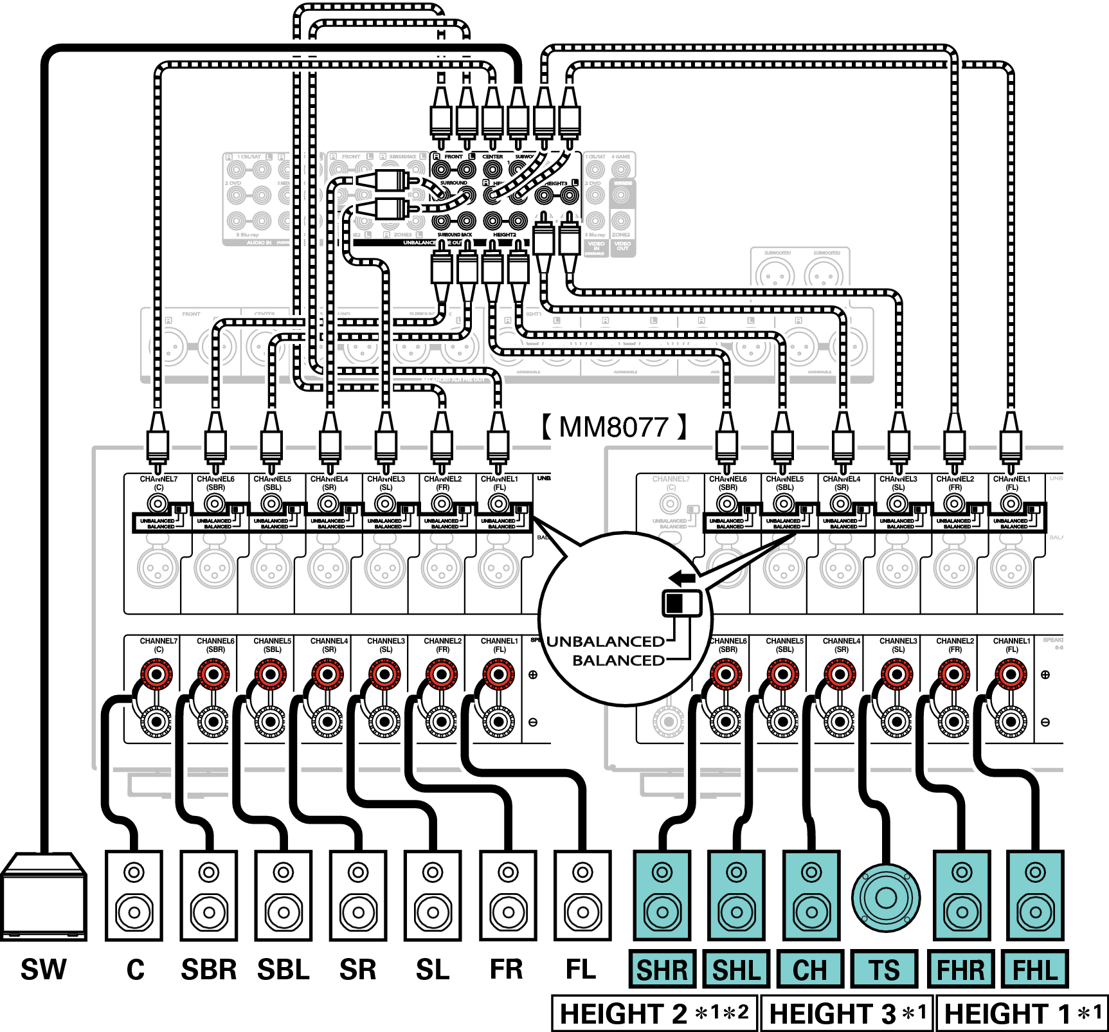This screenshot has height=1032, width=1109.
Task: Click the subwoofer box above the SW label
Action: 44,897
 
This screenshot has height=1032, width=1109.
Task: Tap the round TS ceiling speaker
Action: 886,898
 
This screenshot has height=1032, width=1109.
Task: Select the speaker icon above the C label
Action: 134,895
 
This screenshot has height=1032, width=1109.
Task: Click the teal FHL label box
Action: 1035,969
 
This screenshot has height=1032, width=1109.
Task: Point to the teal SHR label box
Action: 662,969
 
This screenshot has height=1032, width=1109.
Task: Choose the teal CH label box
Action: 810,969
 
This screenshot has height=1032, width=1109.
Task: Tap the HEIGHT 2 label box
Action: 654,1014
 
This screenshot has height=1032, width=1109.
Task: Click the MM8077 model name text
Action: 614,427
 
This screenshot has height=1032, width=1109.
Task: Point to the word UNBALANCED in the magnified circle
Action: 605,642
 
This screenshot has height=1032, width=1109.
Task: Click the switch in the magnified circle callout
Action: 682,603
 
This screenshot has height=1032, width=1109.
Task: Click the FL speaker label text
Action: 581,970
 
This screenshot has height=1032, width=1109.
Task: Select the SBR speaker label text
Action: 209,970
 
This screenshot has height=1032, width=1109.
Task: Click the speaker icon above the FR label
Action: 508,895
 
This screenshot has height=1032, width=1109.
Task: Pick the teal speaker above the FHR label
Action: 962,895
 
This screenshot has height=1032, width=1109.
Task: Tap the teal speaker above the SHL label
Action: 737,895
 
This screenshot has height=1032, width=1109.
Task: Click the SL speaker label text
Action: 433,970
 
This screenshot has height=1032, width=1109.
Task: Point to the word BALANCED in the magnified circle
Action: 618,660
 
